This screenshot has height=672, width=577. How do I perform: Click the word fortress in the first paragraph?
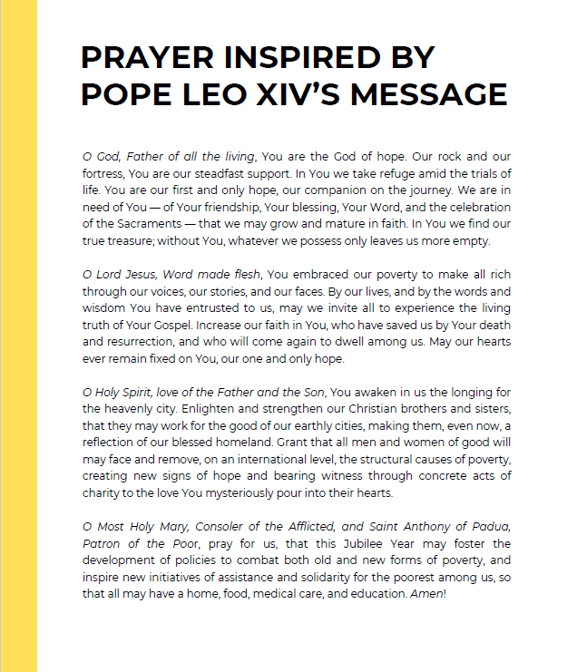point(101,174)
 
